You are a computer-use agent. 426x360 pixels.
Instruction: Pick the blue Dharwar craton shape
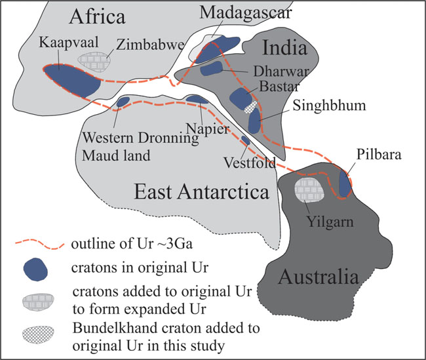[x=213, y=68]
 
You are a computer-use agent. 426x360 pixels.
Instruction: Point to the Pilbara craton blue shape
[x=344, y=183]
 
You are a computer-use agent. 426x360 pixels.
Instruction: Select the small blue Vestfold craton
[x=246, y=140]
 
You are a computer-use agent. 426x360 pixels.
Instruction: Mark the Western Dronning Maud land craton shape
[x=123, y=102]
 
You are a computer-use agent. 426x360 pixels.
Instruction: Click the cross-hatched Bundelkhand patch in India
[x=248, y=104]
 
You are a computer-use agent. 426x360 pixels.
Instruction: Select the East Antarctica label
[x=201, y=192]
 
